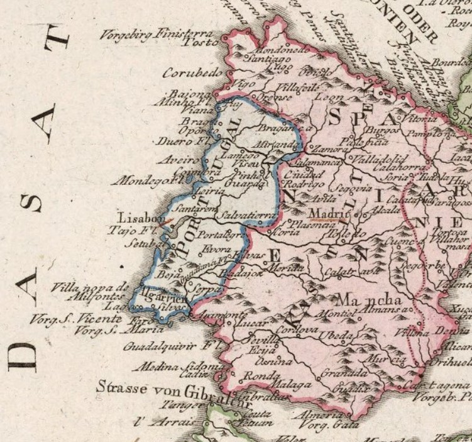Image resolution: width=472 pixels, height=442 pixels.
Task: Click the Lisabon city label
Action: (138, 215)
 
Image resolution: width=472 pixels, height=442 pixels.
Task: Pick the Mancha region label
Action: (370, 298)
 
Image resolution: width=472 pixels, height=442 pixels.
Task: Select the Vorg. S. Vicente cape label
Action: (74, 320)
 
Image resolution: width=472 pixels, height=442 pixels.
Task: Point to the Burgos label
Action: (382, 130)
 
